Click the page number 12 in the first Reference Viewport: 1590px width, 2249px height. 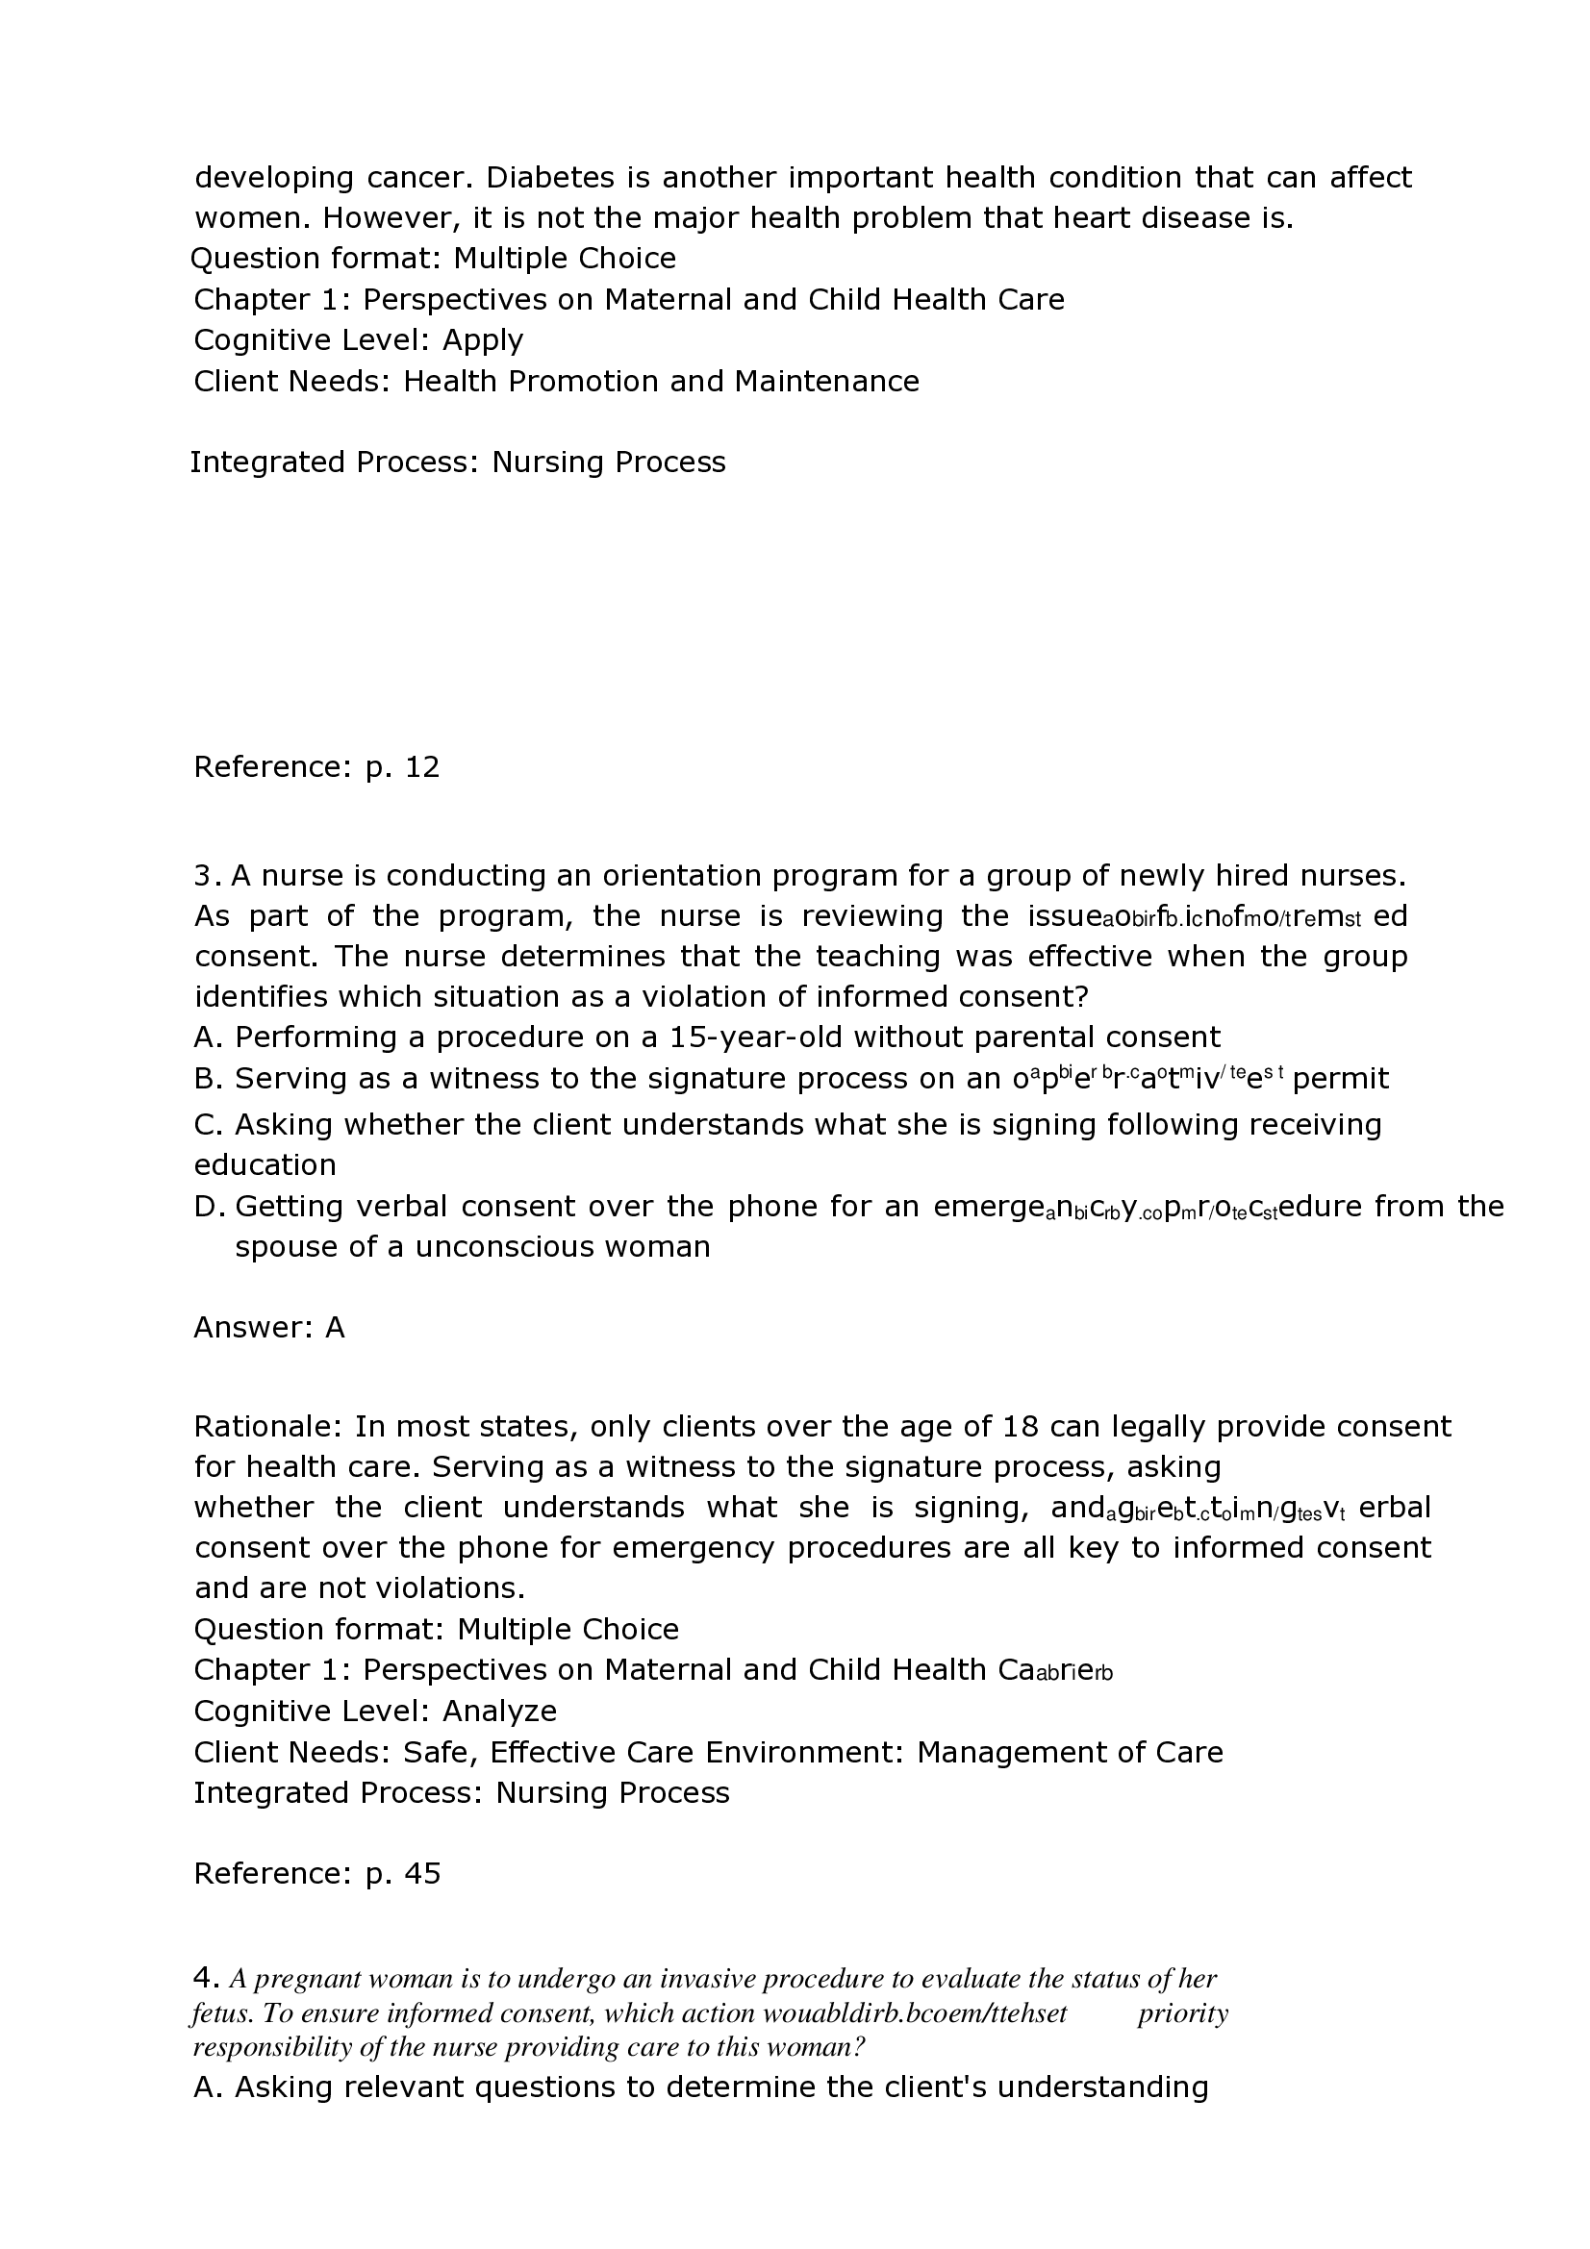(422, 767)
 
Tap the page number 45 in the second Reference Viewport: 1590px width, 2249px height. (422, 1874)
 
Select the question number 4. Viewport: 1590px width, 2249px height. (205, 1979)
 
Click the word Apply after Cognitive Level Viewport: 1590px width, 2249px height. (483, 339)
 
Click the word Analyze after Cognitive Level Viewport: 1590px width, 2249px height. (499, 1712)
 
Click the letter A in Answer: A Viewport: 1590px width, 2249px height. (335, 1327)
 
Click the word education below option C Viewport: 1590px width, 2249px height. (265, 1164)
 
